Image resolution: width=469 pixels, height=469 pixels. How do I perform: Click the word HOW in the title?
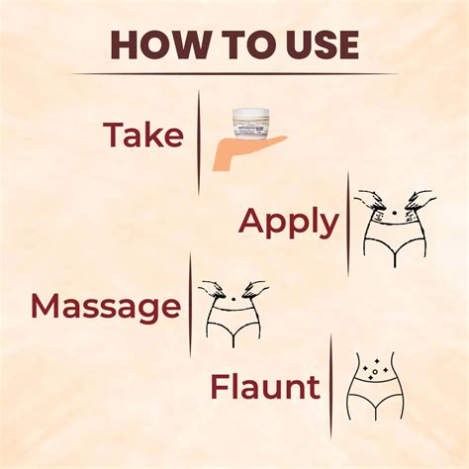click(x=160, y=45)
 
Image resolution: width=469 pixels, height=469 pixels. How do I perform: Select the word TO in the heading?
click(x=248, y=45)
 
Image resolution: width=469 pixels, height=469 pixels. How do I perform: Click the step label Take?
click(x=143, y=135)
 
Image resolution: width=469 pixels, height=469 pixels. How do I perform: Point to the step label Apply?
click(x=289, y=222)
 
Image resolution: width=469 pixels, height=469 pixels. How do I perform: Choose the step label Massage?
click(x=106, y=307)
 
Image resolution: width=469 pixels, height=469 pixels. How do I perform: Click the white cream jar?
click(x=249, y=123)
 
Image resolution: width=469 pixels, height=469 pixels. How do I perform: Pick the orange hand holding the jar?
click(x=246, y=153)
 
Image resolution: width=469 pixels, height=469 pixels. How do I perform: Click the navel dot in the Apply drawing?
click(x=394, y=214)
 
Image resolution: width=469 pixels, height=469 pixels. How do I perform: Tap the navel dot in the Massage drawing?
click(x=234, y=300)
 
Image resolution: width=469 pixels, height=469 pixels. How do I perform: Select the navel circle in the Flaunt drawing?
click(x=374, y=372)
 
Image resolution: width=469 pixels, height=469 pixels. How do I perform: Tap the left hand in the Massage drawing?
click(x=211, y=289)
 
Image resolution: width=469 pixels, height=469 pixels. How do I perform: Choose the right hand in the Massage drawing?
click(x=255, y=289)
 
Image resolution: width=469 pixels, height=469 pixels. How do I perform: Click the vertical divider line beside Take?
click(x=199, y=142)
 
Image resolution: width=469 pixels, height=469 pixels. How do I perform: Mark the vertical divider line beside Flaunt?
click(x=330, y=387)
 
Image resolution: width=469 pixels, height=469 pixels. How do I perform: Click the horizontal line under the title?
click(x=234, y=74)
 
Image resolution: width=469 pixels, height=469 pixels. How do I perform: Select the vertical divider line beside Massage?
click(x=190, y=305)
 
